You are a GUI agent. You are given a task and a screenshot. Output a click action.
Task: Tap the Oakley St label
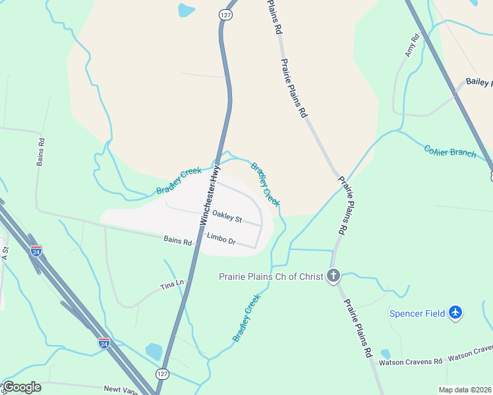(227, 217)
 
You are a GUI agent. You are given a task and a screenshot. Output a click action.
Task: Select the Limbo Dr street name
(221, 239)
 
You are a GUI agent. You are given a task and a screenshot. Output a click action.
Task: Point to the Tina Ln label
(172, 286)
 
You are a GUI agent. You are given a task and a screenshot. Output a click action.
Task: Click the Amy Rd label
(412, 45)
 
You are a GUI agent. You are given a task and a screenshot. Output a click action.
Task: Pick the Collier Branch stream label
(449, 151)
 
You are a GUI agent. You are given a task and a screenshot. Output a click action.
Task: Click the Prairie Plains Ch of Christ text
(271, 276)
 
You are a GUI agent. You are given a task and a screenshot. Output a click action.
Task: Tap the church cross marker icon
(334, 276)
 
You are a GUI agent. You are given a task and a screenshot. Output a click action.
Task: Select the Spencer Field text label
(417, 313)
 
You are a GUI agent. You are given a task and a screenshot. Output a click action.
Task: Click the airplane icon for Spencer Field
(455, 313)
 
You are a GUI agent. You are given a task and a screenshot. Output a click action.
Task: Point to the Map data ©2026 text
(465, 390)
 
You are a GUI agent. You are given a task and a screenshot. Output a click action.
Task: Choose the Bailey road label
(478, 82)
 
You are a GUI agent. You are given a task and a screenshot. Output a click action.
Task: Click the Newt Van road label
(121, 389)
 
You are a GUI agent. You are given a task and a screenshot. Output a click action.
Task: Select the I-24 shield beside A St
(36, 251)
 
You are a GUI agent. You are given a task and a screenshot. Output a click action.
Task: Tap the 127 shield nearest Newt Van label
(162, 373)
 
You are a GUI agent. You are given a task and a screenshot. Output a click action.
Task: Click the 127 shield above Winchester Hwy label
(226, 14)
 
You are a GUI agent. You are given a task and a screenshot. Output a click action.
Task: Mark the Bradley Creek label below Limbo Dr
(246, 317)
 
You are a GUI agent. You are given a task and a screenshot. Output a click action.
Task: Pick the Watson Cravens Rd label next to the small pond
(410, 361)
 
